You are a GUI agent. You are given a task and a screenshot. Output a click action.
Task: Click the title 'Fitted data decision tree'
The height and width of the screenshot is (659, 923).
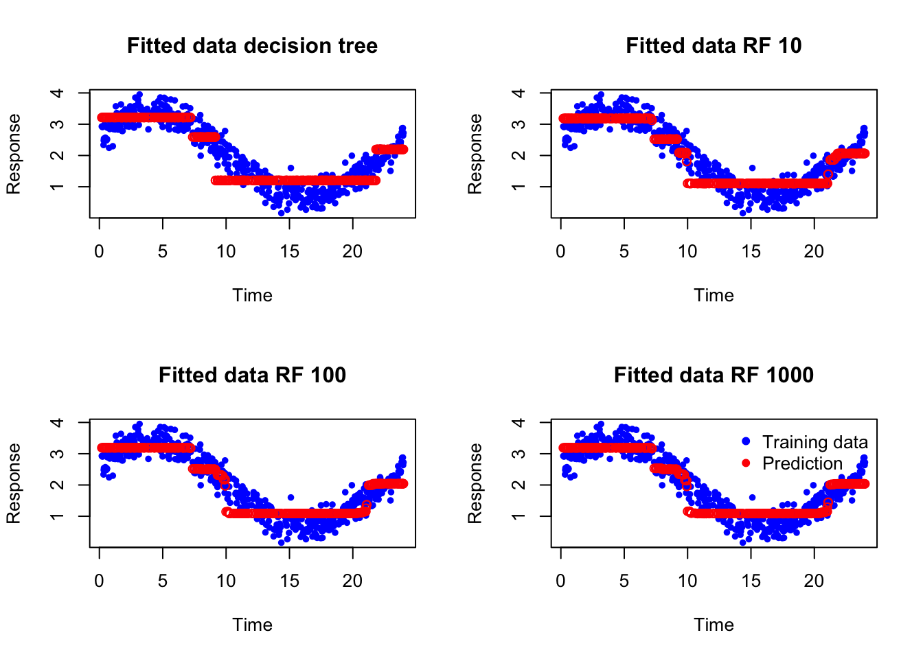point(252,46)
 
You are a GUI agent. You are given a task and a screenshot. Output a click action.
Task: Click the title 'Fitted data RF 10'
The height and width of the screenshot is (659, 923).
point(714,46)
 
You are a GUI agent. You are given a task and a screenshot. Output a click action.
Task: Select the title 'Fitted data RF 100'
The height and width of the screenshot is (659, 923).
point(252,375)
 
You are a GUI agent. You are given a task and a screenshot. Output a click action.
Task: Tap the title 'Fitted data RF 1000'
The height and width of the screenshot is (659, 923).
point(714,375)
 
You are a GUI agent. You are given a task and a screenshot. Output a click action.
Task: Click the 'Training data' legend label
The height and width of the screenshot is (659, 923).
point(814,442)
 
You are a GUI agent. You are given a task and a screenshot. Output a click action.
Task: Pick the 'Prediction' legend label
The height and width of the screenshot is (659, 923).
point(802,464)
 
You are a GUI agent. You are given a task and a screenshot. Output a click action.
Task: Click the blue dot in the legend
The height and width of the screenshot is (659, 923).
point(747,441)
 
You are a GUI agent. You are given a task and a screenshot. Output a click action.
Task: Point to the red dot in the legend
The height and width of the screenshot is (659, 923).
point(747,463)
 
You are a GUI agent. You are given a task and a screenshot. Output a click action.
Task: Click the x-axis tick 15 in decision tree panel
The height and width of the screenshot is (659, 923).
point(289,252)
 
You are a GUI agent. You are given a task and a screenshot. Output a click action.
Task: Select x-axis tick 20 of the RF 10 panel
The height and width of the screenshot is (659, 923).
point(814,252)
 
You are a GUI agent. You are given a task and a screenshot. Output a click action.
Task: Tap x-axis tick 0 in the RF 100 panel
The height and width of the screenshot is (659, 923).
point(100,581)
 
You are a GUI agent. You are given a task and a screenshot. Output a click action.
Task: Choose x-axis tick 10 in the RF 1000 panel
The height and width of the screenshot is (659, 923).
point(687,581)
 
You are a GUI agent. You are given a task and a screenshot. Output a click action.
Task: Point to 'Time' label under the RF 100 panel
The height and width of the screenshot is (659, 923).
point(252,625)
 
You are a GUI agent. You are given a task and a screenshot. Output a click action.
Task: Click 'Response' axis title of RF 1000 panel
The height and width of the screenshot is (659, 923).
point(475,483)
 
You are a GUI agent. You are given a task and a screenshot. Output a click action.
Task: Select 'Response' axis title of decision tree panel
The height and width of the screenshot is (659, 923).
point(14,154)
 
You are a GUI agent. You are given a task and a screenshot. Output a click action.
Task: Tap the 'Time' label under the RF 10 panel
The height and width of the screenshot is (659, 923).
point(714,295)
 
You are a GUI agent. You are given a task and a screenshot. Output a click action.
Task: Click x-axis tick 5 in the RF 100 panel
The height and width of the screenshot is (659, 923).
point(163,581)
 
